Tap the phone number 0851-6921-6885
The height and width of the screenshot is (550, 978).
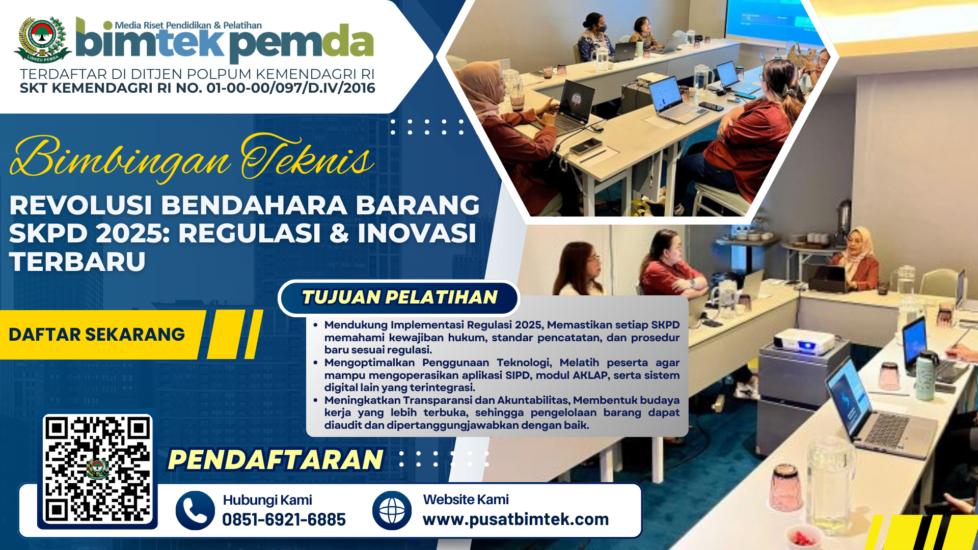point(284,519)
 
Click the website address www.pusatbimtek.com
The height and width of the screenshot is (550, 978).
point(515,519)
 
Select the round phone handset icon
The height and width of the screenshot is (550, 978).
point(195,510)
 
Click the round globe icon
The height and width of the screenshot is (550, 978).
point(392,510)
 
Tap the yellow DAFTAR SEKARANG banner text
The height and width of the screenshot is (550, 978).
point(97,335)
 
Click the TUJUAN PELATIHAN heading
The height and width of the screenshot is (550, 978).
point(399,297)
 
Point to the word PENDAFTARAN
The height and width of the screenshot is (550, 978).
point(276,460)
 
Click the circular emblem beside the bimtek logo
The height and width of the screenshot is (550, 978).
point(43,40)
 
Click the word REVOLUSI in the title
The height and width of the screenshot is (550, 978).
point(80,206)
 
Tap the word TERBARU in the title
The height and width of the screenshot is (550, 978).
point(77,262)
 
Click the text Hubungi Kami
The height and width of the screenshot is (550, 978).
point(267,500)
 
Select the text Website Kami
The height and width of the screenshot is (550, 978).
point(466,500)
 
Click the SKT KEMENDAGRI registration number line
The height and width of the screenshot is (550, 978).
point(198,88)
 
